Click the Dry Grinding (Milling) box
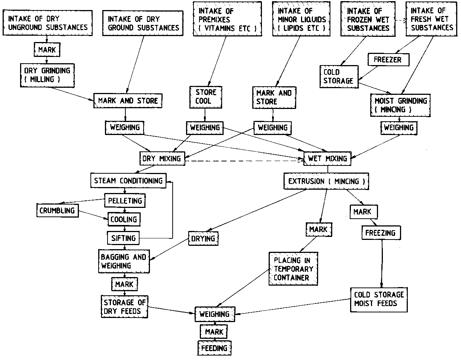(47, 75)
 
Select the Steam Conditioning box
(128, 181)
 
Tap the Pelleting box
(125, 201)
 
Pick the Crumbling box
(57, 211)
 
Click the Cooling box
(124, 219)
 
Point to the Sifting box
(124, 238)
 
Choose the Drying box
(204, 238)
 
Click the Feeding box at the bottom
(214, 348)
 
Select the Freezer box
(387, 59)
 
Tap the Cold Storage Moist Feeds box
(379, 299)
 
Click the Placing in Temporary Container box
(294, 269)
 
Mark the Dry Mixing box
(161, 159)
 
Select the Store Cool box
(206, 96)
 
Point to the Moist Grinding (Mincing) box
(400, 105)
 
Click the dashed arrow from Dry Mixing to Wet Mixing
(242, 161)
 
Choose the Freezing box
(380, 233)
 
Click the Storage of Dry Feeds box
(125, 306)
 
